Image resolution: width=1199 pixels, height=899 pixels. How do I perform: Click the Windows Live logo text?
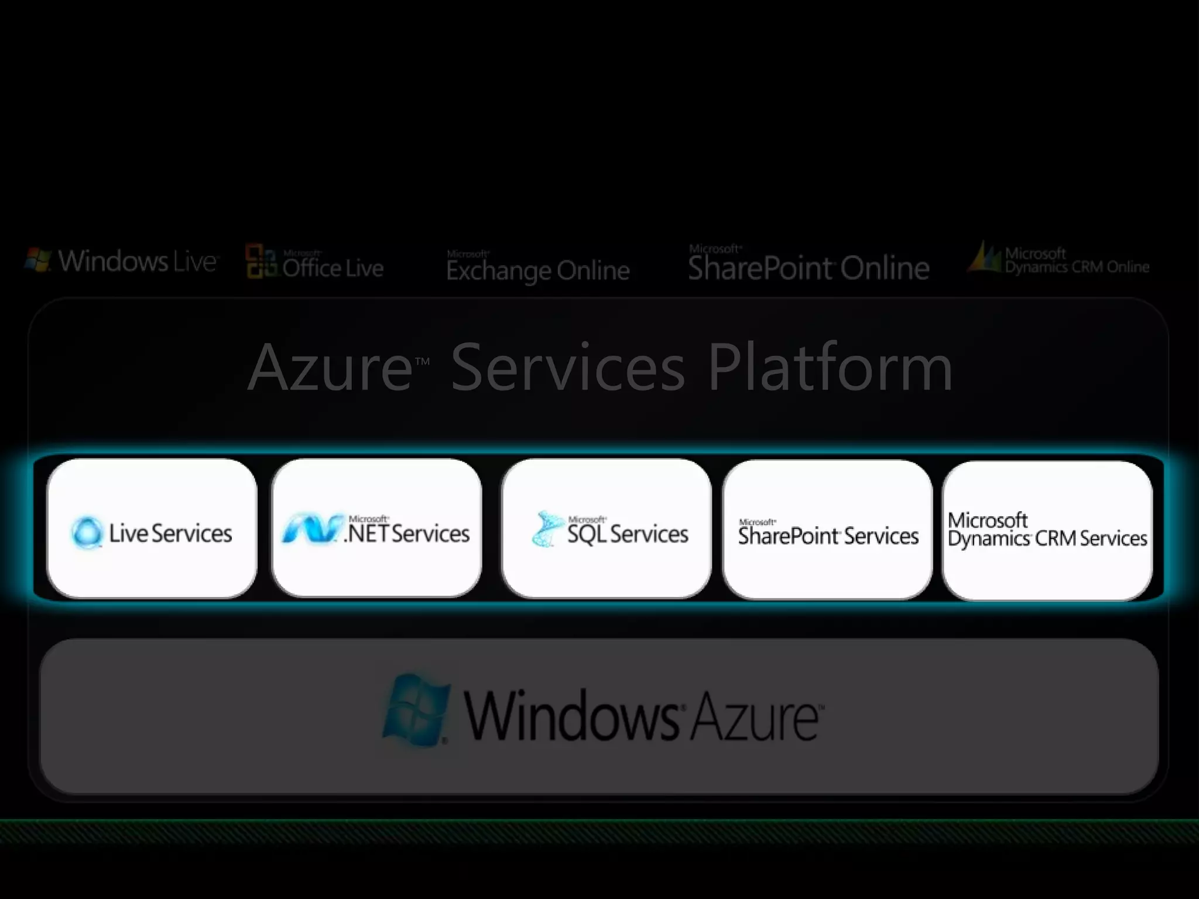pyautogui.click(x=138, y=261)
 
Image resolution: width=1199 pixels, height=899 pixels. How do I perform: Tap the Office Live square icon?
pyautogui.click(x=261, y=261)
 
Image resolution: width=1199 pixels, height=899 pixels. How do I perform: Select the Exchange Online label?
pyautogui.click(x=537, y=270)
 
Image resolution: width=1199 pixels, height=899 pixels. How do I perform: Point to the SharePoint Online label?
pyautogui.click(x=808, y=267)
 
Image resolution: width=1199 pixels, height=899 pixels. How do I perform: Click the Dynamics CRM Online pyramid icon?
pyautogui.click(x=985, y=258)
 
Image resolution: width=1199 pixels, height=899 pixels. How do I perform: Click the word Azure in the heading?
pyautogui.click(x=331, y=368)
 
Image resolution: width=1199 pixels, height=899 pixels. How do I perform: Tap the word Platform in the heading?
pyautogui.click(x=830, y=368)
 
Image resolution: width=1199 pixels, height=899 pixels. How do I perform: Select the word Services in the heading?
pyautogui.click(x=568, y=368)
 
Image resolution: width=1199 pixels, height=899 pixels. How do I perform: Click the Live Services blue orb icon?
pyautogui.click(x=87, y=532)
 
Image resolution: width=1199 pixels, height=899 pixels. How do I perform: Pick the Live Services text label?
pyautogui.click(x=170, y=533)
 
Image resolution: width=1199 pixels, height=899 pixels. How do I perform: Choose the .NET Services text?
pyautogui.click(x=407, y=533)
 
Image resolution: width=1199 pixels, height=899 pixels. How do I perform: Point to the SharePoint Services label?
pyautogui.click(x=828, y=534)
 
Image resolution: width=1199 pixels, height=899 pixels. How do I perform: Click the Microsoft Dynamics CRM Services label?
pyautogui.click(x=1047, y=530)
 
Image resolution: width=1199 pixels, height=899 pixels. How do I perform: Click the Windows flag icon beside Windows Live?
pyautogui.click(x=37, y=260)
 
